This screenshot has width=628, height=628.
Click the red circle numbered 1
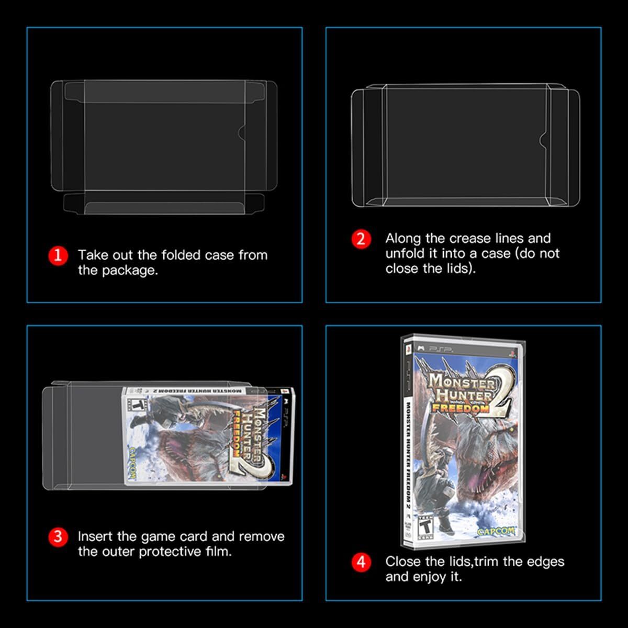[x=58, y=255]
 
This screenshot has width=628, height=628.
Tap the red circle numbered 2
[x=361, y=239]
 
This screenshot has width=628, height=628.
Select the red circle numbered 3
[x=58, y=537]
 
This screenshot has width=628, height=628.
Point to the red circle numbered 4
[x=361, y=562]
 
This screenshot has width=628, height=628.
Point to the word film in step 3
[x=218, y=552]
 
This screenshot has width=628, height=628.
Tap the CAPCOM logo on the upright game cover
[x=495, y=531]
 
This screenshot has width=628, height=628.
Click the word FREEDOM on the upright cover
[x=461, y=408]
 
